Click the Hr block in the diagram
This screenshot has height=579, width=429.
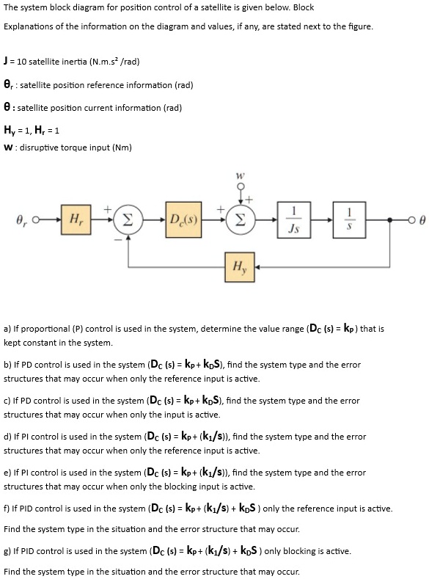[76, 219]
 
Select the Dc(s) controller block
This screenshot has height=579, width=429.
[183, 219]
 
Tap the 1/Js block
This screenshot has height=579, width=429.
[294, 219]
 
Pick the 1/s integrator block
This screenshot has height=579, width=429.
[349, 219]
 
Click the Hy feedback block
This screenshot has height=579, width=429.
[240, 267]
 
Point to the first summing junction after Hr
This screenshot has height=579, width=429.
[128, 220]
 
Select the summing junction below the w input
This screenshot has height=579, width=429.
[240, 220]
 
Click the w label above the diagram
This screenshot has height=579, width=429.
[241, 175]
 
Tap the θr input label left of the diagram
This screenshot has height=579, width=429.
[22, 220]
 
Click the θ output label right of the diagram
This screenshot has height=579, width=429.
[422, 220]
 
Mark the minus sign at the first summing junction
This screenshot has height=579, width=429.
[118, 240]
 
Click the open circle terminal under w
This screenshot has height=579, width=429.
[241, 186]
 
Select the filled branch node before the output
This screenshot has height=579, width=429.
[390, 220]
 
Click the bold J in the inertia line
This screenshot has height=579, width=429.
[6, 61]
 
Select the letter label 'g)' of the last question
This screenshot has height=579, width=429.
[7, 551]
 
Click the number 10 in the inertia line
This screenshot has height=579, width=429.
[21, 62]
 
